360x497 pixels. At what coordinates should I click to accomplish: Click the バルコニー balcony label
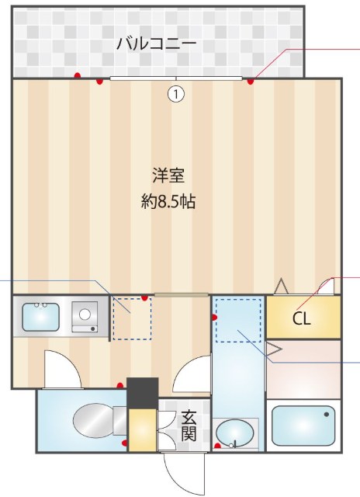pos(156,43)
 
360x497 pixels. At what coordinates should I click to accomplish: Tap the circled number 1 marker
pos(176,94)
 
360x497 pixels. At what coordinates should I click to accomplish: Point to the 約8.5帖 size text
pos(168,202)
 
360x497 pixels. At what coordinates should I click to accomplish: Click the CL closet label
pos(302,318)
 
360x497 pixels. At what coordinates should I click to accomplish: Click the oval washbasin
pos(234,433)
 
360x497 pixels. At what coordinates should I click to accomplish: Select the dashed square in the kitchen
pos(131,318)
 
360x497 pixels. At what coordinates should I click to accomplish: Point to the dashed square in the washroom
pos(238,321)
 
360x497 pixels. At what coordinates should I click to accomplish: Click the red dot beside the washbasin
pos(218,446)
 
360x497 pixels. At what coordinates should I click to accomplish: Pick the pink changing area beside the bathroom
pos(302,369)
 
